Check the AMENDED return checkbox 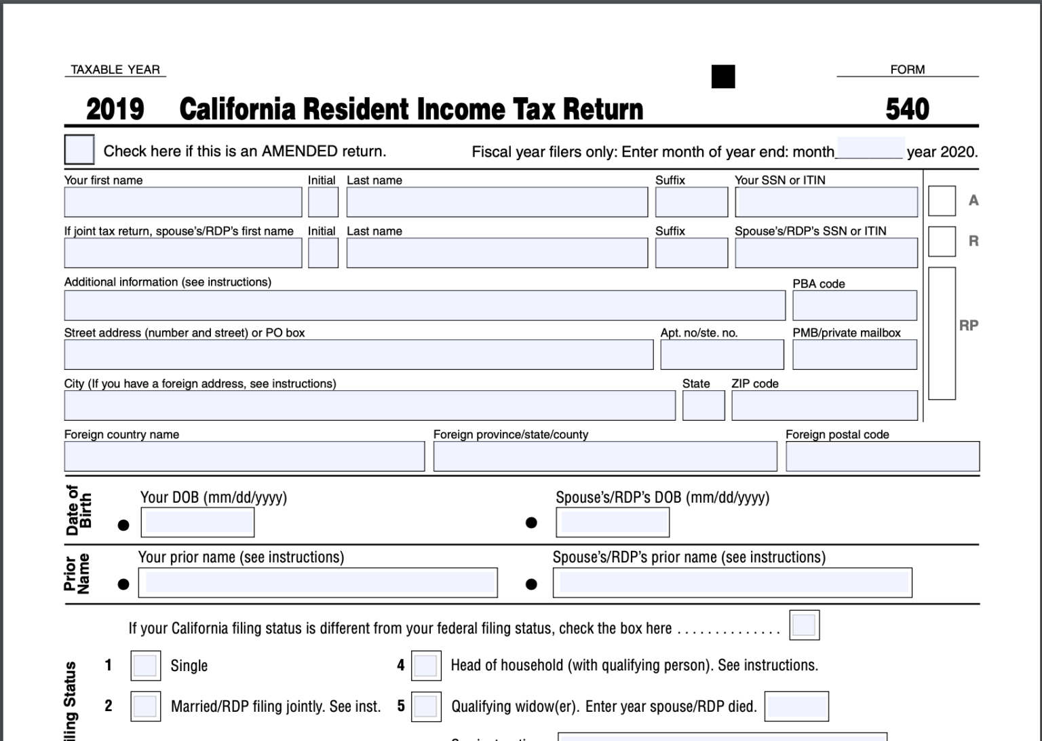[79, 150]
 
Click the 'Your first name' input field [182, 202]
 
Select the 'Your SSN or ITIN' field [826, 202]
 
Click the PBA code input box [854, 305]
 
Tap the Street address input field [358, 355]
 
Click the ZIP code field [824, 406]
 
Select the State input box [703, 406]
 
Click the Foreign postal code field [882, 457]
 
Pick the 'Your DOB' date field [197, 522]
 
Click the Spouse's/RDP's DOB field [612, 522]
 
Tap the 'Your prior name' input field [317, 583]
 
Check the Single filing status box [145, 666]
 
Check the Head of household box [426, 666]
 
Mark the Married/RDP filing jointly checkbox [145, 706]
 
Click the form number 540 [907, 109]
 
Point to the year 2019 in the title [115, 109]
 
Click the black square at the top [723, 77]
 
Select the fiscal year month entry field [870, 149]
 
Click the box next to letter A [942, 201]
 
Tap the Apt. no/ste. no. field [722, 355]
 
